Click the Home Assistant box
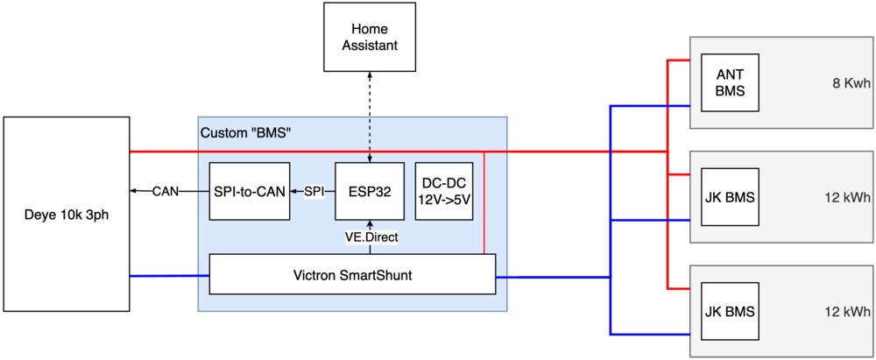[370, 37]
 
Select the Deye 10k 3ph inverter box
[66, 213]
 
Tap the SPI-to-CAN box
[250, 191]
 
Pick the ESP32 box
[369, 191]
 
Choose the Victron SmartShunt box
[352, 275]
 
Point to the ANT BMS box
[729, 83]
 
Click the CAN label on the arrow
[166, 191]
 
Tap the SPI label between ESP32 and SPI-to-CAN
[314, 191]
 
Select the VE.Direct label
[370, 236]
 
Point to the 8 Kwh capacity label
[851, 84]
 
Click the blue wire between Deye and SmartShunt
[169, 276]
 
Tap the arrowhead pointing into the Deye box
[133, 191]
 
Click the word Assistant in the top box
[370, 46]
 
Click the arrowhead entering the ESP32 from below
[370, 223]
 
